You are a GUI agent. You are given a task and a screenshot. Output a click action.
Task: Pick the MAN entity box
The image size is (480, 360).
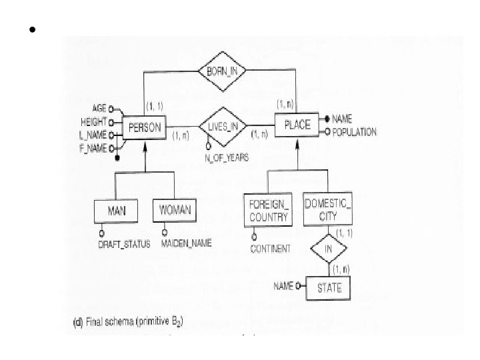[x=117, y=211]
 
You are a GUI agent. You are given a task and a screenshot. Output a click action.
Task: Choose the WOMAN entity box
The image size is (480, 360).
[x=175, y=211]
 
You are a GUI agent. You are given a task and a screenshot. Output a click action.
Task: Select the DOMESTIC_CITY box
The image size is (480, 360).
[x=327, y=211]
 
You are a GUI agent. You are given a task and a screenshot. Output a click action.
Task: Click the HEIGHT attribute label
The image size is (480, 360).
[x=93, y=122]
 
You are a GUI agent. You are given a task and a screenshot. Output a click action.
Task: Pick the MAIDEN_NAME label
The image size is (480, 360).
[x=186, y=244]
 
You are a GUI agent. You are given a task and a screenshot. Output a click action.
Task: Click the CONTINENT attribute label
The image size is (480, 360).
[x=270, y=249]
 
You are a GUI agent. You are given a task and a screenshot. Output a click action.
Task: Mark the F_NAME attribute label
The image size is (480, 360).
[x=93, y=147]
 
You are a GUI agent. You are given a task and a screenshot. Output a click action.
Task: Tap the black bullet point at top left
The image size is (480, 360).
[x=31, y=30]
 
